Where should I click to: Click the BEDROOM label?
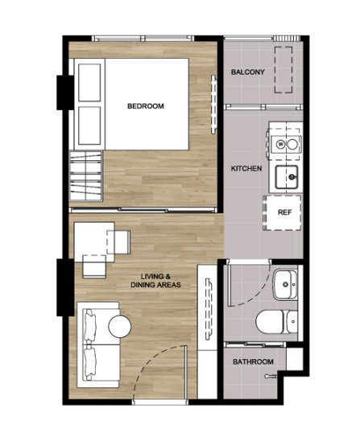(x=146, y=106)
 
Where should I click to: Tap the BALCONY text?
(x=247, y=72)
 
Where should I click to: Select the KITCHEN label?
(x=246, y=168)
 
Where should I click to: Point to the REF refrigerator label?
(x=285, y=212)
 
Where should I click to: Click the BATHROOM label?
(x=253, y=361)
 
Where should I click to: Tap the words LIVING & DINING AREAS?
(x=156, y=281)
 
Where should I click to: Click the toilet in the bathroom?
(x=276, y=322)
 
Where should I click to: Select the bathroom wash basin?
(x=285, y=285)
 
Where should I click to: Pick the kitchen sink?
(x=287, y=177)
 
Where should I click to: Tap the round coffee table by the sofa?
(x=120, y=327)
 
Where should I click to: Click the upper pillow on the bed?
(x=89, y=83)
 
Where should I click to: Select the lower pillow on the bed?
(x=89, y=126)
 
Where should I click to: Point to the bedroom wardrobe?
(x=86, y=175)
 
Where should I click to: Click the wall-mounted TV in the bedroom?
(x=213, y=105)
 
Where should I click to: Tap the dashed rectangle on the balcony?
(x=283, y=70)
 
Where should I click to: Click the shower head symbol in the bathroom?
(x=270, y=377)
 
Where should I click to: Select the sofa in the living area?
(x=98, y=344)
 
